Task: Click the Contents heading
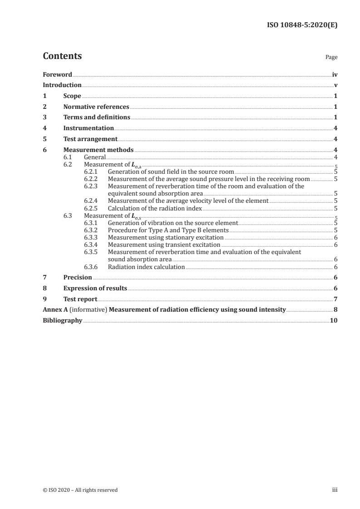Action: pyautogui.click(x=62, y=56)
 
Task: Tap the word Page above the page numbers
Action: pyautogui.click(x=331, y=58)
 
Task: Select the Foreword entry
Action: pyautogui.click(x=57, y=74)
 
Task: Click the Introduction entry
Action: pyautogui.click(x=62, y=85)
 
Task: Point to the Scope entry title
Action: pyautogui.click(x=72, y=96)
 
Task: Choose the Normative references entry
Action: pyautogui.click(x=96, y=107)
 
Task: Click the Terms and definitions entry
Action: pyautogui.click(x=97, y=117)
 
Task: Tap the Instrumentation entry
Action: pyautogui.click(x=89, y=128)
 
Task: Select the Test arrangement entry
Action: pyautogui.click(x=90, y=139)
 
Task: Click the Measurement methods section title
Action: pyautogui.click(x=99, y=150)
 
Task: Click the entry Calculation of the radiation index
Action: pyautogui.click(x=154, y=208)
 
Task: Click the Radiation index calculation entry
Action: pyautogui.click(x=146, y=267)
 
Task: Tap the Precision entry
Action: pyautogui.click(x=78, y=277)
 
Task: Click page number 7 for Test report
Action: pyautogui.click(x=335, y=299)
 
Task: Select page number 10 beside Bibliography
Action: pyautogui.click(x=333, y=320)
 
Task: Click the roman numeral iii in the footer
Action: pyautogui.click(x=334, y=490)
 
